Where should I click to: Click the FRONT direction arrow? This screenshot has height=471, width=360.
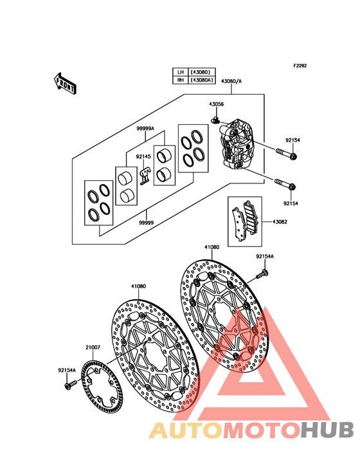[65, 83]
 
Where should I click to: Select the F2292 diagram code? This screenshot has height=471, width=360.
[300, 66]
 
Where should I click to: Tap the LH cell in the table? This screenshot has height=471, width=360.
[180, 72]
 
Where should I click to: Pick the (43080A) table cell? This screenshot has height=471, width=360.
[202, 80]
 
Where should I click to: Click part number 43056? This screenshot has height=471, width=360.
[216, 104]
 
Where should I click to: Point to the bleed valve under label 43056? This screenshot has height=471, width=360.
[215, 120]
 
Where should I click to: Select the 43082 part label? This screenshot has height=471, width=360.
[280, 222]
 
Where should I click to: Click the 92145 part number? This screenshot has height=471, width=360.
[143, 156]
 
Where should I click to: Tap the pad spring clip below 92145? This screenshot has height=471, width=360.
[145, 176]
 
